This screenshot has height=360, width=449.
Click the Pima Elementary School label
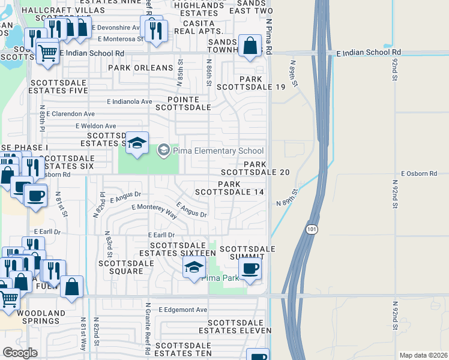pos(218,151)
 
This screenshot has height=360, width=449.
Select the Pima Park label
pos(220,278)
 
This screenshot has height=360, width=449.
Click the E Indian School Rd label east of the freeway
pos(369,53)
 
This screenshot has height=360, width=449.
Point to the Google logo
pos(20,352)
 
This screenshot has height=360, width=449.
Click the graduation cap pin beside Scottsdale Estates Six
pos(137,143)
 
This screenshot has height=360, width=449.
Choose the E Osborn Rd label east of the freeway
pos(417,173)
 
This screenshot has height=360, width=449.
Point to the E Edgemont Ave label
pos(183,310)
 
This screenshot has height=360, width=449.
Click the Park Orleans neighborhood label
pos(136,68)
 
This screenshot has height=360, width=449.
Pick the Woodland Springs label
pos(41,317)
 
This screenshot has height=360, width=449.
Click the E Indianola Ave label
pos(130,101)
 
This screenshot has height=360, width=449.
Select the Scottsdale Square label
pos(121,267)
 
